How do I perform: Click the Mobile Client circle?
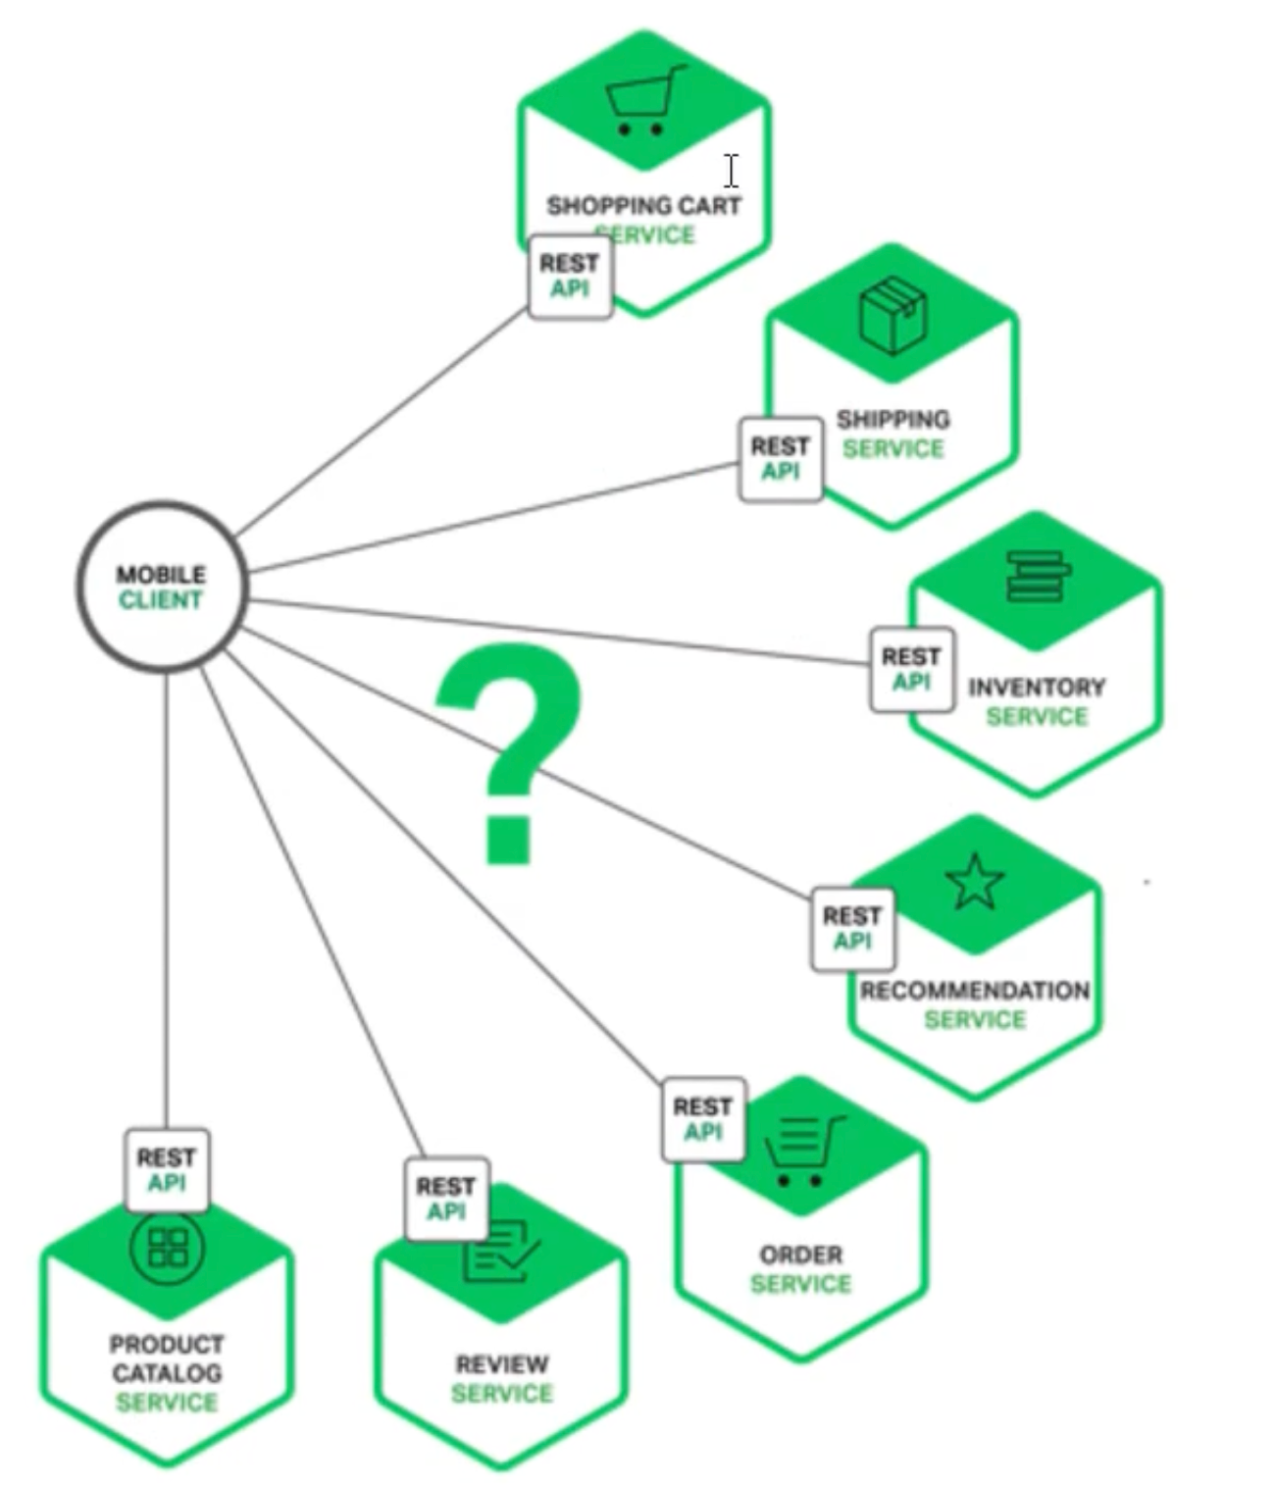(x=162, y=587)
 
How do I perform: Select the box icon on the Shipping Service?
(x=892, y=315)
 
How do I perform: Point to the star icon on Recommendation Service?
(x=975, y=882)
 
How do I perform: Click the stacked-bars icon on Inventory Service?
(x=1037, y=576)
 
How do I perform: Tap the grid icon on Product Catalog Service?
(x=168, y=1248)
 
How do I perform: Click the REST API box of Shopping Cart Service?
(x=570, y=277)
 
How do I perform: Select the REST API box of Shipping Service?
(x=781, y=459)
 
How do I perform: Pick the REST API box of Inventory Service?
(x=911, y=669)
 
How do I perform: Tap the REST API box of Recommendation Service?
(x=852, y=929)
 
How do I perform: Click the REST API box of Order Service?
(x=703, y=1119)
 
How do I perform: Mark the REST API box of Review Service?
(x=446, y=1199)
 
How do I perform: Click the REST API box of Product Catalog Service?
(x=167, y=1170)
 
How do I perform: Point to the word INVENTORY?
(x=1037, y=688)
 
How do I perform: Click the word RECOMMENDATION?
(x=975, y=991)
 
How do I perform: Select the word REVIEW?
(x=502, y=1364)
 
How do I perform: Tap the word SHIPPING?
(x=892, y=420)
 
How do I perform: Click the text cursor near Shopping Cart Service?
(x=732, y=171)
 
